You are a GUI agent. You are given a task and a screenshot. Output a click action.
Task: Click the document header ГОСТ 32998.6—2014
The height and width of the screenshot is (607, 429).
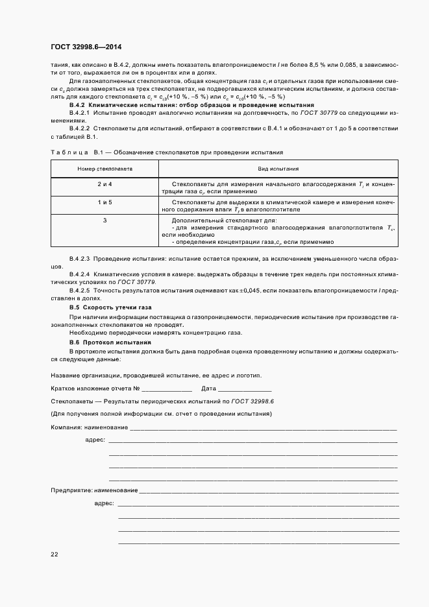click(86, 47)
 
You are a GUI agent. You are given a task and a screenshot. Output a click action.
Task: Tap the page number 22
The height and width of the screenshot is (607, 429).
click(55, 554)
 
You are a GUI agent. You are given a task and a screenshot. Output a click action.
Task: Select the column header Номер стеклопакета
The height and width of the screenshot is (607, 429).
click(105, 168)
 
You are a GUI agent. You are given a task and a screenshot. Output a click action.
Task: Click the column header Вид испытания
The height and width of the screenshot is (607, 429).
click(278, 168)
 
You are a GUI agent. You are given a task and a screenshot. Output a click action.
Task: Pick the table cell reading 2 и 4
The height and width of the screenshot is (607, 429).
click(105, 185)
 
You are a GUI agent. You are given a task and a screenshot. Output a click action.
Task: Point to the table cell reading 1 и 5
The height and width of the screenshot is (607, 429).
click(105, 202)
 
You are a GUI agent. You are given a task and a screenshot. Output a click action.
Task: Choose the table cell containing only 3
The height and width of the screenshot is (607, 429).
click(105, 220)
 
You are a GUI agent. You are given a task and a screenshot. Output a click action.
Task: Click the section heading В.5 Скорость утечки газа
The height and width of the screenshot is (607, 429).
click(110, 307)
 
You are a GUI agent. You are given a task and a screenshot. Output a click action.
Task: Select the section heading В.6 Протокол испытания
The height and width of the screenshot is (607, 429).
click(110, 342)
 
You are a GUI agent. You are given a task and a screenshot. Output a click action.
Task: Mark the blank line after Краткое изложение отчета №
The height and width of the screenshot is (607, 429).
click(166, 389)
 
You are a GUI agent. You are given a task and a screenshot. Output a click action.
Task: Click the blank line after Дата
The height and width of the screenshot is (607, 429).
click(245, 389)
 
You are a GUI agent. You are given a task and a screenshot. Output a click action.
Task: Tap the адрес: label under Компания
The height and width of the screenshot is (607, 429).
click(95, 440)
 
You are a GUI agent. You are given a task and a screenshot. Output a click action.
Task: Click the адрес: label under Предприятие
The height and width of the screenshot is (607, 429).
click(104, 503)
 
